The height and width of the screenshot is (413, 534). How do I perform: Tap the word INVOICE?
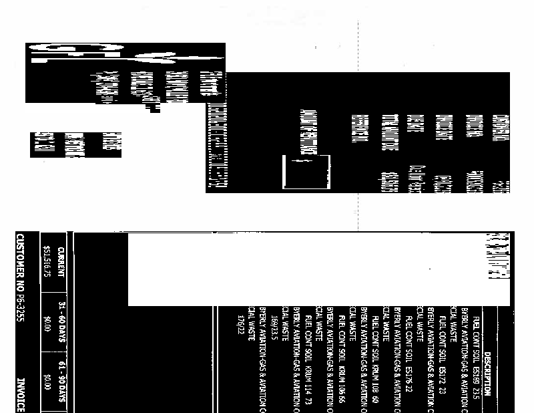pos(19,395)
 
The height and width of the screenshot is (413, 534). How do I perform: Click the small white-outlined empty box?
pos(306,172)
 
